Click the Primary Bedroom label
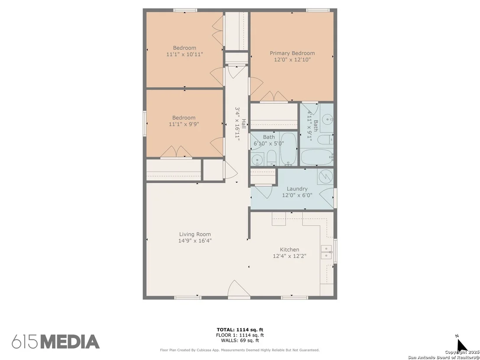[x=292, y=53]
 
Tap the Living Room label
[x=195, y=234]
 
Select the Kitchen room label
[x=289, y=250]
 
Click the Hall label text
[x=244, y=123]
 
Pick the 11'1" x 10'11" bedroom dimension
[x=185, y=55]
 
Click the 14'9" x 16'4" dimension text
[x=195, y=240]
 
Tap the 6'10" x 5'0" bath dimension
[x=269, y=143]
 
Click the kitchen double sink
[x=326, y=251]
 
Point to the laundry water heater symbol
[x=325, y=177]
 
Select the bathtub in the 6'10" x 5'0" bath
[x=289, y=149]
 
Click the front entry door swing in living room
[x=239, y=289]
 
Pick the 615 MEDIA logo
[x=56, y=342]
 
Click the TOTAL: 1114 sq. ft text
[x=240, y=330]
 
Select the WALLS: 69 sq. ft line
[x=240, y=340]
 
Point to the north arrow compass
[x=461, y=344]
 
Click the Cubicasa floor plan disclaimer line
[x=240, y=350]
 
